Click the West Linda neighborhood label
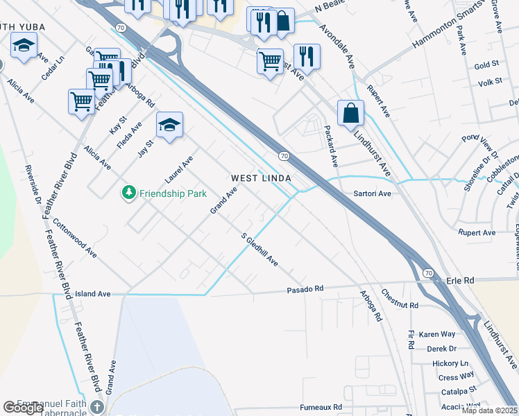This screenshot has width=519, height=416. [x=260, y=178]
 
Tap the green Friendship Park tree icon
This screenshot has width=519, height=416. [x=128, y=193]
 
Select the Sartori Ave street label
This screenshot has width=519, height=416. [x=373, y=194]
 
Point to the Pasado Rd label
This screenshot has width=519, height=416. [x=305, y=288]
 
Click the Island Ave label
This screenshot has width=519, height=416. [x=93, y=294]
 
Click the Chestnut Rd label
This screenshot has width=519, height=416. [x=400, y=300]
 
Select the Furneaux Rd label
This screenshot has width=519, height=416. [x=321, y=407]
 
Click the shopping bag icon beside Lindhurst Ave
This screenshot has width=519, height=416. [x=351, y=112]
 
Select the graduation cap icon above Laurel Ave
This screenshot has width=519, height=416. [x=169, y=125]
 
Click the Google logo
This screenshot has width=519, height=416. [x=23, y=408]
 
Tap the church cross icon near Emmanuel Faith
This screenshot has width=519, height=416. [x=97, y=407]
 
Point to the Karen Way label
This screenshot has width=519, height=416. [x=437, y=334]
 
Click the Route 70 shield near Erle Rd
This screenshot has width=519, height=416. [x=427, y=273]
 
